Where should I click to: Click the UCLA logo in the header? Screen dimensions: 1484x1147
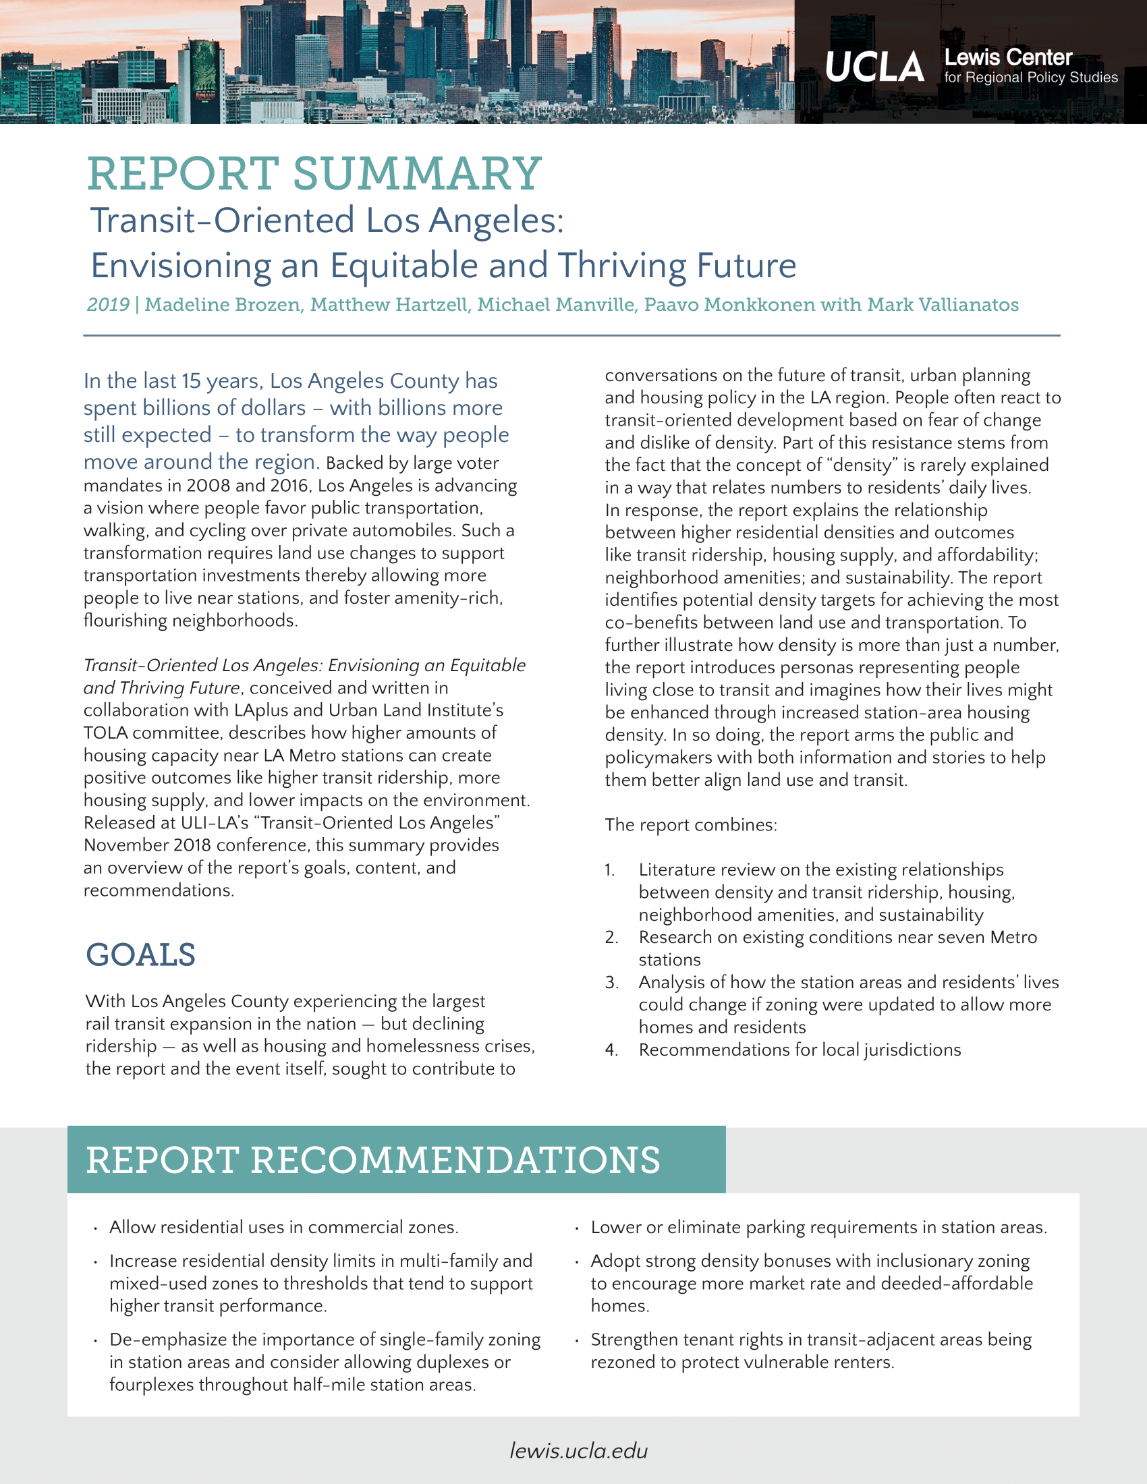coord(874,67)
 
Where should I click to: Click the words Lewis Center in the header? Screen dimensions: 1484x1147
coord(1008,58)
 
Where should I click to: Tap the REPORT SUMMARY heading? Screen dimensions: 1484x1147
coord(314,174)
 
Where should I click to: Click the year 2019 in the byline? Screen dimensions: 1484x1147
coord(108,304)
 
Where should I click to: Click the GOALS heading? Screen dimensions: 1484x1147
coord(140,954)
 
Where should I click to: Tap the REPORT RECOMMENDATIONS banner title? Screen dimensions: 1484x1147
coord(373,1160)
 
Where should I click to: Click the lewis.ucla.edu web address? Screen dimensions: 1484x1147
coord(578,1451)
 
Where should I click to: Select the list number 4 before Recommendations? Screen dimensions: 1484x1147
coord(611,1050)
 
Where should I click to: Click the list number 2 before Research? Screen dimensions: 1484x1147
coord(611,938)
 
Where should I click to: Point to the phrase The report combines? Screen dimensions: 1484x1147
coord(690,825)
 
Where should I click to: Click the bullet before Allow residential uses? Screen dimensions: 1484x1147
coord(96,1228)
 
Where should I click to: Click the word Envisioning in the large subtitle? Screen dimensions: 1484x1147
coord(181,265)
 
